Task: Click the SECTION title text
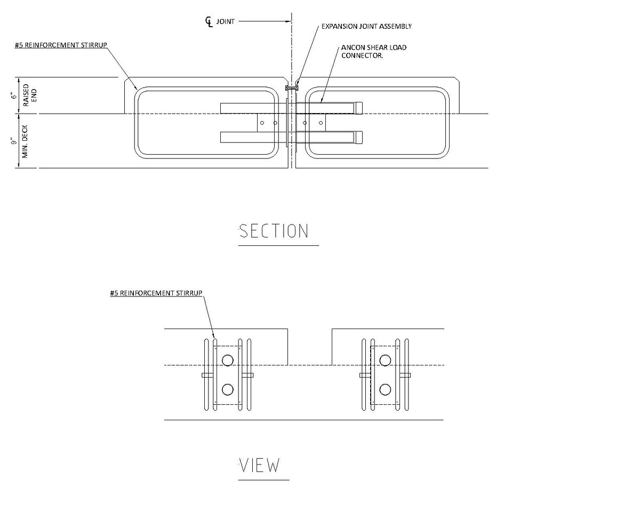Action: [x=274, y=231]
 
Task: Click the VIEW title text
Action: [x=260, y=466]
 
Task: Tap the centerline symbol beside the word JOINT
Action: [x=209, y=22]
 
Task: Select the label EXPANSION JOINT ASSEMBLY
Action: [x=366, y=27]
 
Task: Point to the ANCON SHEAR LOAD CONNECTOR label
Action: [x=373, y=52]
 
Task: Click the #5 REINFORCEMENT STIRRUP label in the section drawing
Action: [x=61, y=45]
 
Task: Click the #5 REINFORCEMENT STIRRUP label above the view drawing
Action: [x=156, y=293]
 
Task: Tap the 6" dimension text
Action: [x=14, y=95]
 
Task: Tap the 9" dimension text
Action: [x=14, y=141]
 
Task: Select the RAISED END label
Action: [x=30, y=95]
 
